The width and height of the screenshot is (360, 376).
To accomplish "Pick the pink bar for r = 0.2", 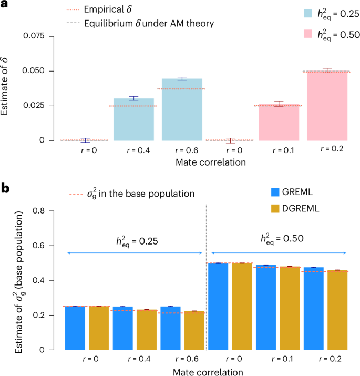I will click(327, 106).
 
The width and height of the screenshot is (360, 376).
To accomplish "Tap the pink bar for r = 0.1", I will click(279, 122).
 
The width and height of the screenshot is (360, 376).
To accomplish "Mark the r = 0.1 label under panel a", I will click(279, 150).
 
